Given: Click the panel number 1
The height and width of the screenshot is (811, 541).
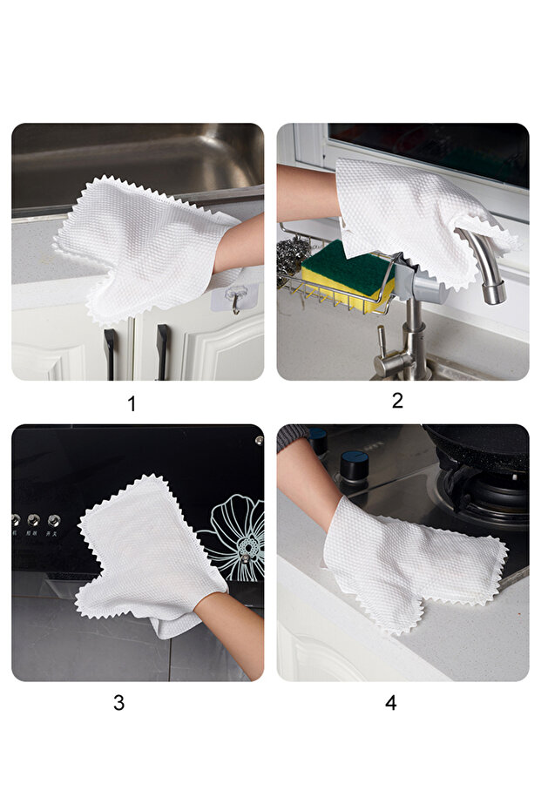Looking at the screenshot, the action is click(132, 403).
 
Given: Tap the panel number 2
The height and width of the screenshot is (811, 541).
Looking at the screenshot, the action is click(397, 401).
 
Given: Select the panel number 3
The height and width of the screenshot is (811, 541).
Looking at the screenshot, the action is click(119, 702).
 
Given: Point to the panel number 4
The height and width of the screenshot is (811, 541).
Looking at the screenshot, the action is click(391, 702).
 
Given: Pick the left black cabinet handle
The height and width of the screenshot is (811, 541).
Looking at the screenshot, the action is click(110, 355).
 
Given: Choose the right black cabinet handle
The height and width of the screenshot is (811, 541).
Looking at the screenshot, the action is click(163, 352).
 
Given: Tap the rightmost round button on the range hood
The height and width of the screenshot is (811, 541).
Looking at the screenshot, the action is click(54, 520).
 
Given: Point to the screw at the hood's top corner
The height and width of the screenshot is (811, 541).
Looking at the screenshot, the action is click(259, 440).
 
